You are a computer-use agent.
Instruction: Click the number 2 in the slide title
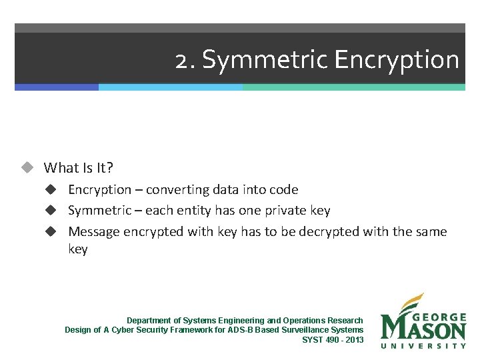click(181, 60)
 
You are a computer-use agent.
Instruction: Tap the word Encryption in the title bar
click(397, 60)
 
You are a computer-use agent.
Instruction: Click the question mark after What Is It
click(110, 167)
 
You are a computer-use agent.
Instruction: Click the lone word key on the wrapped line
click(78, 249)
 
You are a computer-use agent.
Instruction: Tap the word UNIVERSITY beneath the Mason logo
click(423, 345)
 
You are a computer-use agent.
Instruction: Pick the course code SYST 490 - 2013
click(333, 339)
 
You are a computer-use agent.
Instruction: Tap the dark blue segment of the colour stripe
click(57, 87)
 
